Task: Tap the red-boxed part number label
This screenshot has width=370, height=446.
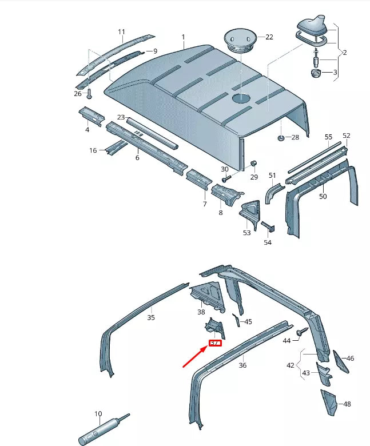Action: (x=215, y=344)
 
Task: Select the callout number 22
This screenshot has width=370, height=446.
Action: (x=269, y=37)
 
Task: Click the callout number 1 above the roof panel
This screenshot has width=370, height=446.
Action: (x=184, y=37)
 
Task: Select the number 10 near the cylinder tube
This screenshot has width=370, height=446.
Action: (x=98, y=413)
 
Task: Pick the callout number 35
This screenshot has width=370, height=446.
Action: (x=151, y=317)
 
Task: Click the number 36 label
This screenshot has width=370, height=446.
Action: (x=242, y=365)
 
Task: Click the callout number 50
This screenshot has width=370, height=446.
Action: (x=323, y=196)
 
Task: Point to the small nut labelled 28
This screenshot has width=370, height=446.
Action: (x=281, y=138)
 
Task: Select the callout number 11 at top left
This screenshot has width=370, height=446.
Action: (x=121, y=31)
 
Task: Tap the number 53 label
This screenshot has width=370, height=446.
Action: (x=247, y=233)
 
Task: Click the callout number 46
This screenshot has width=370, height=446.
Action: (x=351, y=359)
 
